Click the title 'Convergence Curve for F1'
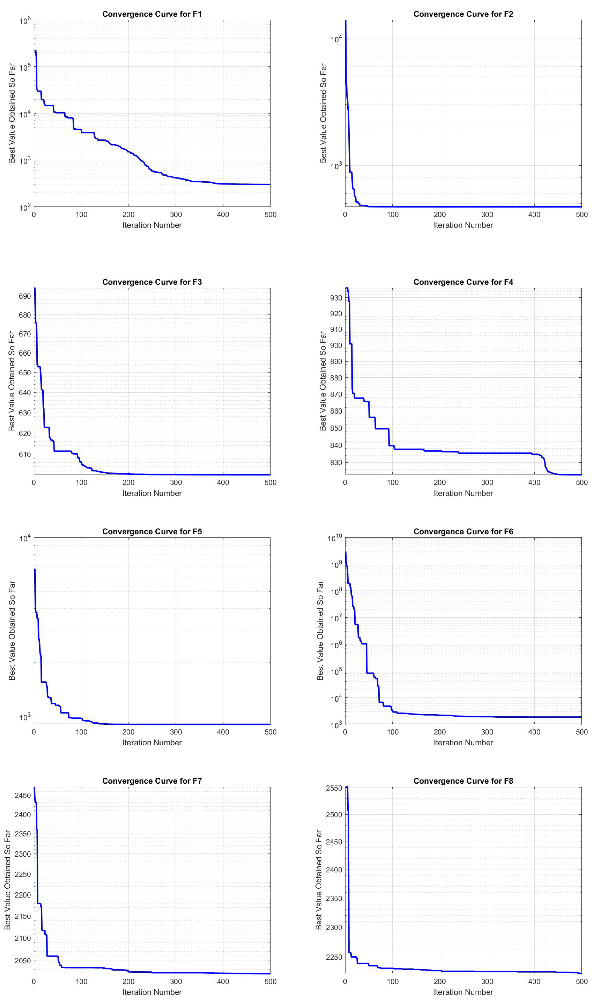point(152,14)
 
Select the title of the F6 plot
point(463,532)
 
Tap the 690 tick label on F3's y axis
point(25,296)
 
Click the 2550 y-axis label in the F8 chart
point(334,788)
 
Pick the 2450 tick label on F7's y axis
point(23,795)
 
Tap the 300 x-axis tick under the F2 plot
point(487,215)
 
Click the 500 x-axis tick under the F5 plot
point(270,732)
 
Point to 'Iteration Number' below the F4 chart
point(463,493)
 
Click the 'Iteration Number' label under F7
point(152,992)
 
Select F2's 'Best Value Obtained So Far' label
point(323,113)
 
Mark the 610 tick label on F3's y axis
point(25,454)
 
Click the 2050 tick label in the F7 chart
point(23,961)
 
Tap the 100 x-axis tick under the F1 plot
point(81,215)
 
